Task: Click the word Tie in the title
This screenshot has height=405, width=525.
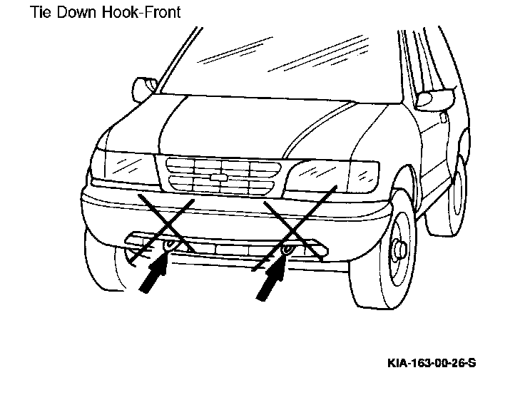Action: point(40,12)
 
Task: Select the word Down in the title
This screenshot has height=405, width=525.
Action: point(76,12)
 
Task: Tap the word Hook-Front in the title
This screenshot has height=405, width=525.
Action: point(141,12)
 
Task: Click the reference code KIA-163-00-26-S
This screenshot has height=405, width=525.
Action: point(432,363)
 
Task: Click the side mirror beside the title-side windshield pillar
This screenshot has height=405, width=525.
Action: point(144,89)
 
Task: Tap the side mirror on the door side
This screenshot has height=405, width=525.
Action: point(435,98)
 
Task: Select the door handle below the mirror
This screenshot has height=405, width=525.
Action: point(443,117)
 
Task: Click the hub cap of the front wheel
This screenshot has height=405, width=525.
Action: point(399,250)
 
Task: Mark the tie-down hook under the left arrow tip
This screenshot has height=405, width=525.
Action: point(169,245)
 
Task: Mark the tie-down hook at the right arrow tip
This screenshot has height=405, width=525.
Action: point(287,250)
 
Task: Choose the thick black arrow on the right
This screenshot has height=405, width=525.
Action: point(272,277)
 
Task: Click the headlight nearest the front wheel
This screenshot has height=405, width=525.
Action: point(317,177)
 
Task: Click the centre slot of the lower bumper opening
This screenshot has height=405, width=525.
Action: point(232,250)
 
